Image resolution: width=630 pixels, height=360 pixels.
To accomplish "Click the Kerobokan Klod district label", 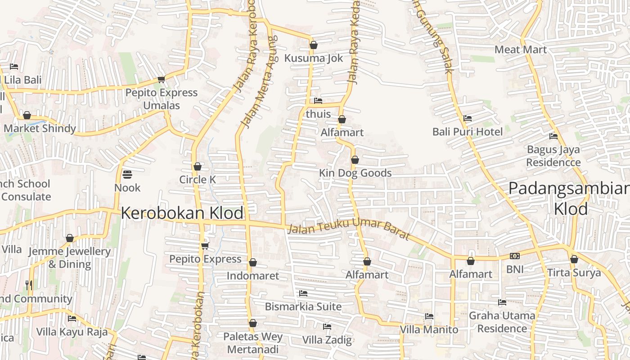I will [182, 213].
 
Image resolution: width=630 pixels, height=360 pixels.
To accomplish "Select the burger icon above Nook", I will [127, 174].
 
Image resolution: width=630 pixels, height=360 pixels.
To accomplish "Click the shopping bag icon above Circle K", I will [197, 167].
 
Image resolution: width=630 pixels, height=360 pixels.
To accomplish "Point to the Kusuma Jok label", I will [314, 58].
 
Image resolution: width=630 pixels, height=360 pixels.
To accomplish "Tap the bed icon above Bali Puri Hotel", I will [468, 118].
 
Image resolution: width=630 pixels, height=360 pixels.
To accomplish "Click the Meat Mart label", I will [521, 49].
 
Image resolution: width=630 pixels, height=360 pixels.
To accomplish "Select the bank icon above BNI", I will [515, 256].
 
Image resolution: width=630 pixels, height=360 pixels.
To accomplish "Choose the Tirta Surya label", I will [574, 273].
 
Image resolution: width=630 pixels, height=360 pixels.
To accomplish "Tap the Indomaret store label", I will [253, 276].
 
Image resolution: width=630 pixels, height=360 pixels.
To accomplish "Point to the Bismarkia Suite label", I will [303, 306].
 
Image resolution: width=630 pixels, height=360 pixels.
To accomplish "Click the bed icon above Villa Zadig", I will [327, 326].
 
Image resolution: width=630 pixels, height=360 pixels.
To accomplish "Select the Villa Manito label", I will [429, 329].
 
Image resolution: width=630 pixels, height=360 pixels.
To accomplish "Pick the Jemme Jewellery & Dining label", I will [70, 258].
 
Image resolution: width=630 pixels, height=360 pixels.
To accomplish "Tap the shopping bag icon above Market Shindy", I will [27, 116].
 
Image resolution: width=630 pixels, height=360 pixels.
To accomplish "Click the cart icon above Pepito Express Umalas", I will [161, 80].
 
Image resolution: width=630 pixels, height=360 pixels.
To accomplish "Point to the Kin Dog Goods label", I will [355, 173].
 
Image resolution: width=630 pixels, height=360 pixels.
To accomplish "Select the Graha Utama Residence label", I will [502, 322].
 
